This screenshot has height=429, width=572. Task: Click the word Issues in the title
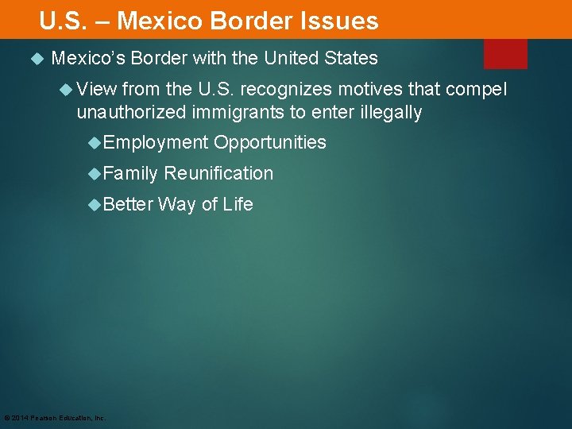click(x=341, y=21)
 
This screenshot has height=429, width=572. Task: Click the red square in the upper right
click(x=505, y=53)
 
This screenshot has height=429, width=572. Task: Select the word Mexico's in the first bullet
click(x=87, y=59)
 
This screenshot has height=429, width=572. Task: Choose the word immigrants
click(x=237, y=112)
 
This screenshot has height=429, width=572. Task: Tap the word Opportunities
click(x=270, y=143)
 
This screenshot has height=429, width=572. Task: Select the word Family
click(x=130, y=173)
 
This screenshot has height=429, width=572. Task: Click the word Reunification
click(x=218, y=173)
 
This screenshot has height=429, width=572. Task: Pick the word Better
click(x=128, y=204)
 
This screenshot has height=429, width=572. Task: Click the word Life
click(x=238, y=204)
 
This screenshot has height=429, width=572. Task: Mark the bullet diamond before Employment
click(x=96, y=143)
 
